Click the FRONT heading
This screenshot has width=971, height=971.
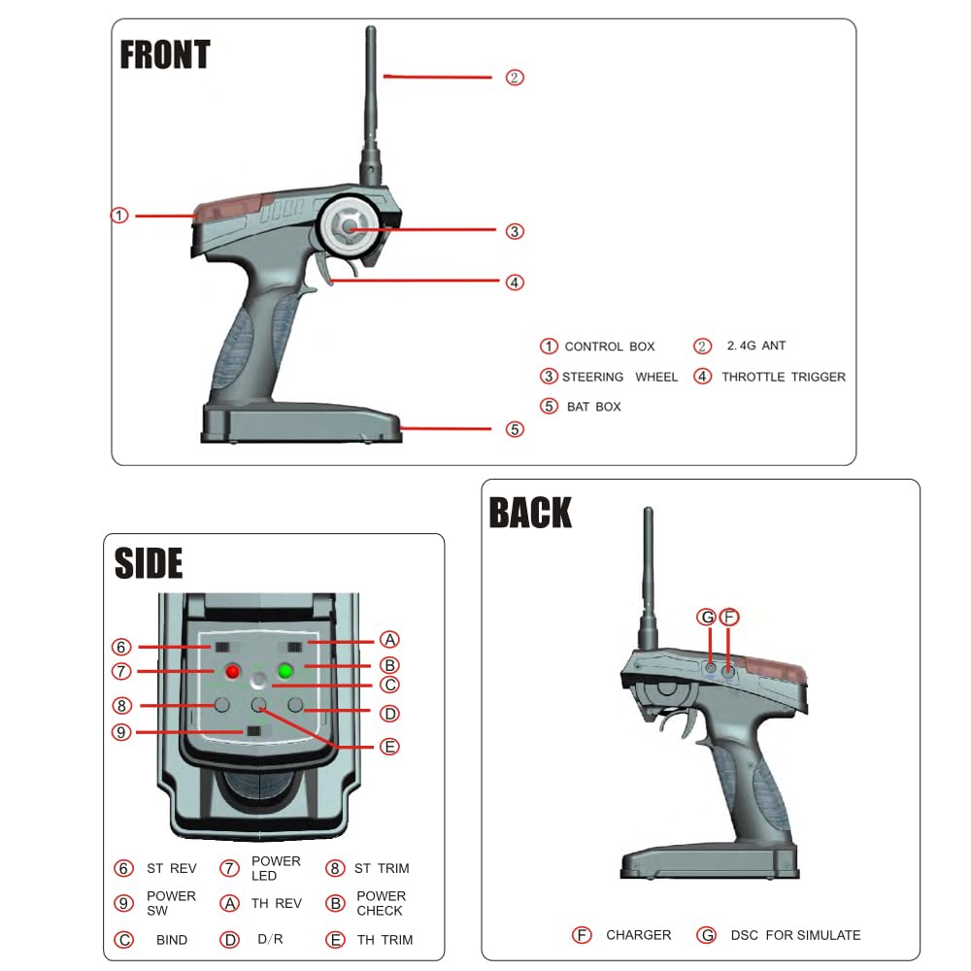pyautogui.click(x=164, y=54)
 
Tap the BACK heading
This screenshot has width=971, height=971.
pyautogui.click(x=530, y=513)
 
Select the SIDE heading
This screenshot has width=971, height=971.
pyautogui.click(x=149, y=563)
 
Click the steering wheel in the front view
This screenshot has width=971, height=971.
pyautogui.click(x=350, y=229)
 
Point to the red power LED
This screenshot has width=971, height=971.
pyautogui.click(x=233, y=671)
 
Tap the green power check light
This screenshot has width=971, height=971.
pyautogui.click(x=285, y=671)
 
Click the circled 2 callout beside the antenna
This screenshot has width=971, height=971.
pyautogui.click(x=515, y=78)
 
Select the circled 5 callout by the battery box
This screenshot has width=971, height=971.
pyautogui.click(x=515, y=428)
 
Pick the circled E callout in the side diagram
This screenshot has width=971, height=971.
pyautogui.click(x=389, y=747)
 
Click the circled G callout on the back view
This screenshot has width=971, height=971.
pyautogui.click(x=707, y=618)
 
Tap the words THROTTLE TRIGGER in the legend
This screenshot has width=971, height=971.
pyautogui.click(x=783, y=377)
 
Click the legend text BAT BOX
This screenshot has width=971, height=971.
pyautogui.click(x=593, y=407)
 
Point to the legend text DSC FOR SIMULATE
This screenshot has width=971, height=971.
pyautogui.click(x=795, y=935)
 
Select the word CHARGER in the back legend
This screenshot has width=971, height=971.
pyautogui.click(x=638, y=935)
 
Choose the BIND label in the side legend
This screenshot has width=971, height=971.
pyautogui.click(x=172, y=940)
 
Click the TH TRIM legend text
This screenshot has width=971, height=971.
pyautogui.click(x=385, y=940)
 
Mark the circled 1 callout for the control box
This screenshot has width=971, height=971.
pyautogui.click(x=119, y=215)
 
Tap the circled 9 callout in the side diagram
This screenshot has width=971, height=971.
pyautogui.click(x=121, y=732)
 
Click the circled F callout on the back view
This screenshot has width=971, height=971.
pyautogui.click(x=730, y=618)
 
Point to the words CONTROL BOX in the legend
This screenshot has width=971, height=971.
pyautogui.click(x=609, y=347)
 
